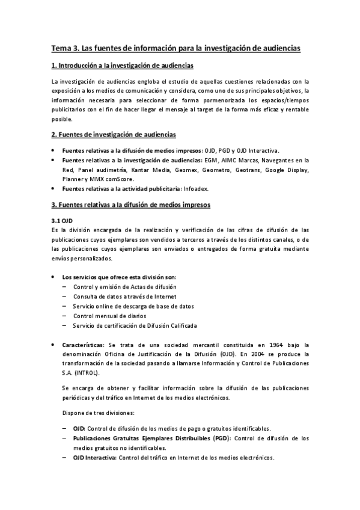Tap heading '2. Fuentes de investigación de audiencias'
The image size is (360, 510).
[x=113, y=134]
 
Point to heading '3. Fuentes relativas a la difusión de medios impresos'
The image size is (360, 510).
[x=130, y=204]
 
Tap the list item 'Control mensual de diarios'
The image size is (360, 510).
[x=109, y=316]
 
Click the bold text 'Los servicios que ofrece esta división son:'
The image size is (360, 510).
[x=119, y=277]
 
